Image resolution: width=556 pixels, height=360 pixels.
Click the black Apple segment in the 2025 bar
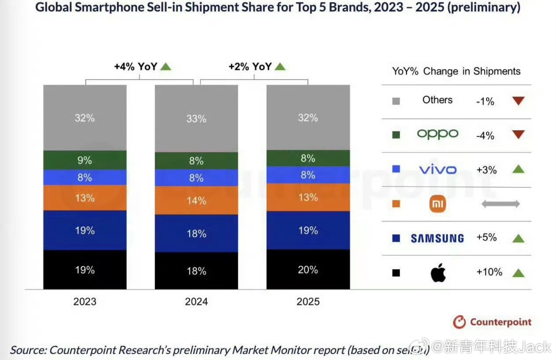click(x=308, y=269)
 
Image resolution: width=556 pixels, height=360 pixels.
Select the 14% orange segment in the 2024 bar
click(x=196, y=200)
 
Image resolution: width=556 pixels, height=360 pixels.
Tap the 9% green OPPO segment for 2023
click(x=85, y=160)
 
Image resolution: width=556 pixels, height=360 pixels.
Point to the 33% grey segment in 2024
click(x=196, y=119)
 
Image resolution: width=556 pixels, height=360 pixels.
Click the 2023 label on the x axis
click(x=85, y=301)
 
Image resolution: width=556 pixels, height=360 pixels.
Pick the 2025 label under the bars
click(x=308, y=301)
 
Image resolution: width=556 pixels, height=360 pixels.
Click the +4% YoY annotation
click(x=136, y=67)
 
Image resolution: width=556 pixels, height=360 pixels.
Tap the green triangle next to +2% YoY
click(x=280, y=67)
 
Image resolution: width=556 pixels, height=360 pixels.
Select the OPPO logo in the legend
click(x=437, y=134)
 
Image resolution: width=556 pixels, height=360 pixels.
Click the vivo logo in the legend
click(x=438, y=170)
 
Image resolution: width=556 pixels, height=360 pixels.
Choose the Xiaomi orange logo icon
click(x=437, y=204)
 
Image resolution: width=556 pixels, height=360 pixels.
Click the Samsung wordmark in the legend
click(x=437, y=238)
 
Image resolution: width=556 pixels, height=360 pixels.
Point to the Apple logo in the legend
click(x=438, y=273)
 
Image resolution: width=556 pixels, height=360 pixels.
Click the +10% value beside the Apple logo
click(x=489, y=272)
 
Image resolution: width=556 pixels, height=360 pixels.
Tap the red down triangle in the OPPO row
click(x=519, y=135)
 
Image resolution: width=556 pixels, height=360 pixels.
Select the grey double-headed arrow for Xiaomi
click(x=500, y=204)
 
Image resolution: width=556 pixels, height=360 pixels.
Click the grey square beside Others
click(x=396, y=101)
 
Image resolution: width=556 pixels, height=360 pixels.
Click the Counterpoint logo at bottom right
click(x=492, y=323)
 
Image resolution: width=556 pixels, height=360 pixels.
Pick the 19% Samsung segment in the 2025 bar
click(x=308, y=230)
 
